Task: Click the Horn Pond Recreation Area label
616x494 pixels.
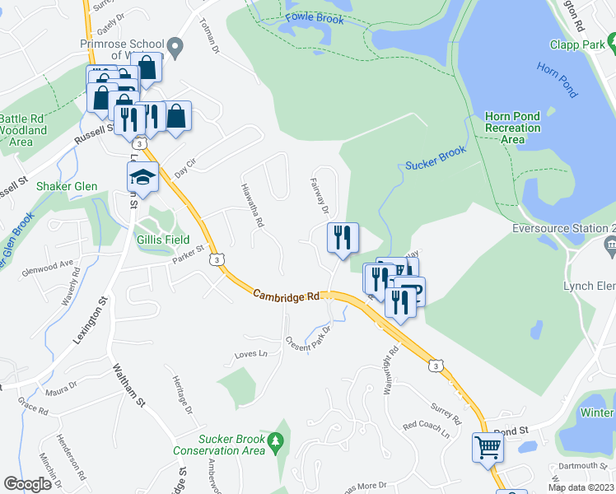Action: point(512,128)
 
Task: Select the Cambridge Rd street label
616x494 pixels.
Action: point(285,294)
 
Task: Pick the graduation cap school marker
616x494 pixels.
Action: point(142,177)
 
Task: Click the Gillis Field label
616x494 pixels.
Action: point(162,240)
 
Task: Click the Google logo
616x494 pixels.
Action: point(27,484)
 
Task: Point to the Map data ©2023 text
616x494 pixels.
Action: point(581,487)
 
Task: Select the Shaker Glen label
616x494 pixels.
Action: point(66,186)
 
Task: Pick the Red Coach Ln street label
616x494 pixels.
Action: point(426,429)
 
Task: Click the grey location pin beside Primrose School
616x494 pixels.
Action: point(175,48)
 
